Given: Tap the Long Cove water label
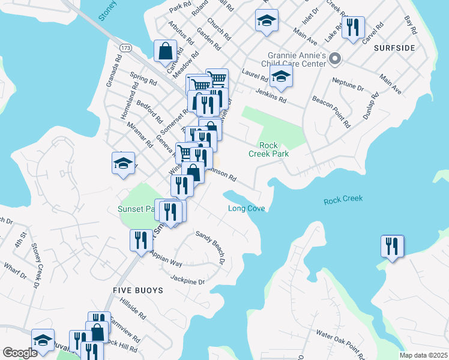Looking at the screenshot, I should coord(246,208).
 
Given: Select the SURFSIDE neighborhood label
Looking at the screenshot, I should coord(394,47).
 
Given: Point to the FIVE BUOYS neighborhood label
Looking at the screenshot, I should coord(138,290).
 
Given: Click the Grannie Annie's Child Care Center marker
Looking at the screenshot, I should coord(335,59).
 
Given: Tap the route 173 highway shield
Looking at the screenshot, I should coord(125,47).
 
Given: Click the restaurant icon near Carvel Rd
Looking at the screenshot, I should coord(353,27).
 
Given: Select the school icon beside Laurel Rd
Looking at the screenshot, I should coord(280,77).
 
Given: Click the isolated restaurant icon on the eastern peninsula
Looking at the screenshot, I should coord(392,246).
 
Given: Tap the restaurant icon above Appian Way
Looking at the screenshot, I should coord(141,240).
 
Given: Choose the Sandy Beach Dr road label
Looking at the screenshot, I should coord(209,248).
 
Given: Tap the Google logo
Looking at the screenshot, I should coord(20,353).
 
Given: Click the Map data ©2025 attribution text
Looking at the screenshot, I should coord(423,355).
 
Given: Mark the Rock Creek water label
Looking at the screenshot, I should coord(343,199).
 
